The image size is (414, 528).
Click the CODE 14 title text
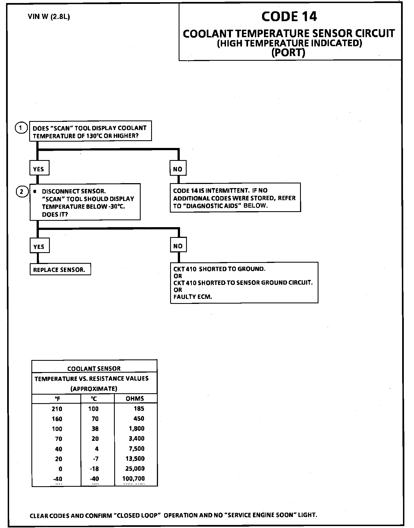pyautogui.click(x=289, y=16)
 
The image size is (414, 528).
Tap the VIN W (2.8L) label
pyautogui.click(x=49, y=17)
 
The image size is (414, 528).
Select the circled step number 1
pyautogui.click(x=21, y=128)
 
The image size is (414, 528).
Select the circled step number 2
pyautogui.click(x=22, y=191)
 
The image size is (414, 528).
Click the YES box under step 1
pyautogui.click(x=39, y=169)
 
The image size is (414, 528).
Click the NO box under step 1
pyautogui.click(x=178, y=169)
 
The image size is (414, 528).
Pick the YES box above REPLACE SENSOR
pyautogui.click(x=39, y=246)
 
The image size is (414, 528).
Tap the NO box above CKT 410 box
pyautogui.click(x=178, y=246)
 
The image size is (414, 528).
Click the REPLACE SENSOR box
pyautogui.click(x=60, y=270)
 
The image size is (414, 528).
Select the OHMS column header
pyautogui.click(x=135, y=398)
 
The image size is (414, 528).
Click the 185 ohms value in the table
pyautogui.click(x=139, y=409)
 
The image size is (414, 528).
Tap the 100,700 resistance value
pyautogui.click(x=134, y=479)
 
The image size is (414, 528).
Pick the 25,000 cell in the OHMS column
pyautogui.click(x=135, y=469)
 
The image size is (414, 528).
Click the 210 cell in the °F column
pyautogui.click(x=57, y=409)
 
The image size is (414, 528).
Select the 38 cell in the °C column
pyautogui.click(x=95, y=429)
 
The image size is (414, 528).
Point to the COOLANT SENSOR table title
pyautogui.click(x=94, y=369)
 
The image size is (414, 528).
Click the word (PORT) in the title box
pyautogui.click(x=288, y=52)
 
